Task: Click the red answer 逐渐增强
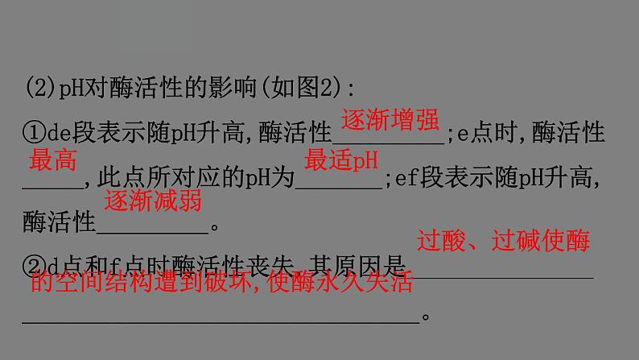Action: pos(390,121)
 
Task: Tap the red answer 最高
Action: pos(53,161)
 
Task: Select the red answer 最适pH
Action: pos(341,161)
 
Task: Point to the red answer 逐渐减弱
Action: pos(153,201)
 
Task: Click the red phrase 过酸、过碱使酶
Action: pos(503,240)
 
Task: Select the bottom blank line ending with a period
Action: pos(221,321)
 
